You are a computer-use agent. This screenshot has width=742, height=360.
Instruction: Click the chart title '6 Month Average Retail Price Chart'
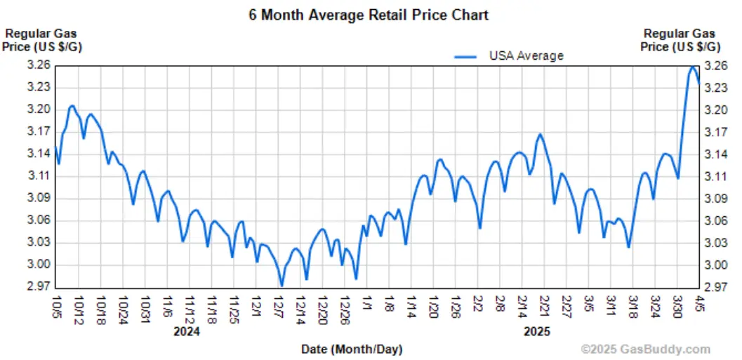[369, 14]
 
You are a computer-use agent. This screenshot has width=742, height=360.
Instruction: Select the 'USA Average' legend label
[526, 55]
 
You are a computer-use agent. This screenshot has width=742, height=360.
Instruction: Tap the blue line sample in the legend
[468, 55]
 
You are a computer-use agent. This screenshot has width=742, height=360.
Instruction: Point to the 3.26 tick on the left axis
[39, 65]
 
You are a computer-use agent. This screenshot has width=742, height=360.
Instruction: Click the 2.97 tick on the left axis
[39, 287]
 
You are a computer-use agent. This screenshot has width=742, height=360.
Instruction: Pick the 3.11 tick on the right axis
[716, 176]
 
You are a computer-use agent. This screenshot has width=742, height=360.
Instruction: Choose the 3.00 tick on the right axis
[716, 265]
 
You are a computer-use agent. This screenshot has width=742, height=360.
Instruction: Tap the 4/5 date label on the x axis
[699, 303]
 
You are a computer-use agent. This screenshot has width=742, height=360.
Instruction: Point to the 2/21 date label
[544, 306]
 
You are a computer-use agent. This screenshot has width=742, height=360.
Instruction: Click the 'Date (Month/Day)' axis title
[352, 348]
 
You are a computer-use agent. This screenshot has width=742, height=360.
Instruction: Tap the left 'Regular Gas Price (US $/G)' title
[41, 40]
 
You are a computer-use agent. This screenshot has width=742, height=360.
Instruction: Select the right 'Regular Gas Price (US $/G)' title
[680, 40]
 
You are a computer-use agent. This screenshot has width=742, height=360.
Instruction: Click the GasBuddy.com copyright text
[646, 349]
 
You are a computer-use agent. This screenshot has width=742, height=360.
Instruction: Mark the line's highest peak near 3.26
[693, 67]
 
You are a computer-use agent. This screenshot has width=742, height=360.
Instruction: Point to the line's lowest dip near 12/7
[281, 286]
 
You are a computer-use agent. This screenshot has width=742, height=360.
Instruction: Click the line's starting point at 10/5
[56, 147]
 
